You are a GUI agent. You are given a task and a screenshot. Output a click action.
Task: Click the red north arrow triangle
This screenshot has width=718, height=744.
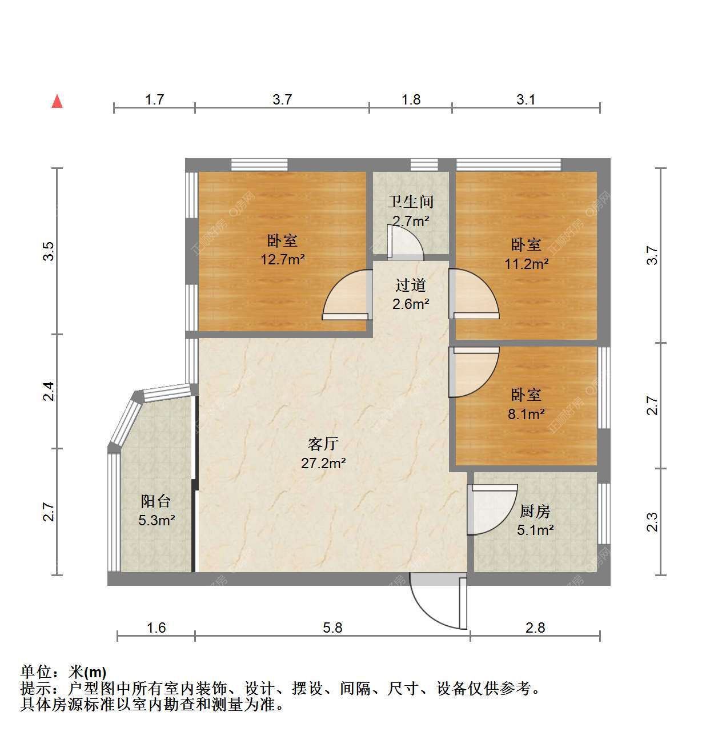57,101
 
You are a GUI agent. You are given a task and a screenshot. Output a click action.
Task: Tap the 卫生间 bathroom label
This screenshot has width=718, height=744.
411,202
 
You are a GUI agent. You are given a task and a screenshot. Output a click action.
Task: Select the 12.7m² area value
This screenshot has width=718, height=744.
282,260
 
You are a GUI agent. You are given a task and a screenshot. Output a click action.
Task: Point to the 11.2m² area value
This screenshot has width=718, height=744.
526,264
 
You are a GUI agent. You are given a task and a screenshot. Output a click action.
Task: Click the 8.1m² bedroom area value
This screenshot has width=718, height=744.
526,413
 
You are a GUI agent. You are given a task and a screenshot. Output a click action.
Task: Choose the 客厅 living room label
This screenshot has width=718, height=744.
323,444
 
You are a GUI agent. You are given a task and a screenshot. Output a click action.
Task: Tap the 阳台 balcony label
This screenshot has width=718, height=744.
156,501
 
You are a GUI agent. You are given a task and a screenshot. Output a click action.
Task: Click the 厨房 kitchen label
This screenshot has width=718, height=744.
535,511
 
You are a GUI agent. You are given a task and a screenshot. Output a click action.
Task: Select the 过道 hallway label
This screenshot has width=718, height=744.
411,285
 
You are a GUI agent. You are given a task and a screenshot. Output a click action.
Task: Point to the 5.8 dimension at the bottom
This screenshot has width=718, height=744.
332,628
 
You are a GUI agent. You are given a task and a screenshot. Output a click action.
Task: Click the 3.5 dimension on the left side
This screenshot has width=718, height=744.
49,251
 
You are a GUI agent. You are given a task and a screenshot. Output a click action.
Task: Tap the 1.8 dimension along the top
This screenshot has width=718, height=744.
411,99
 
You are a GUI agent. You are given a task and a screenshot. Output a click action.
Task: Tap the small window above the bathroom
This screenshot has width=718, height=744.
424,165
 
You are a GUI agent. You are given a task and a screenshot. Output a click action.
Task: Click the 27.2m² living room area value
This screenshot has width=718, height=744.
323,464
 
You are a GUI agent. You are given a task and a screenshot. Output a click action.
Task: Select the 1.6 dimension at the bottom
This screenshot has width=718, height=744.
157,628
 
